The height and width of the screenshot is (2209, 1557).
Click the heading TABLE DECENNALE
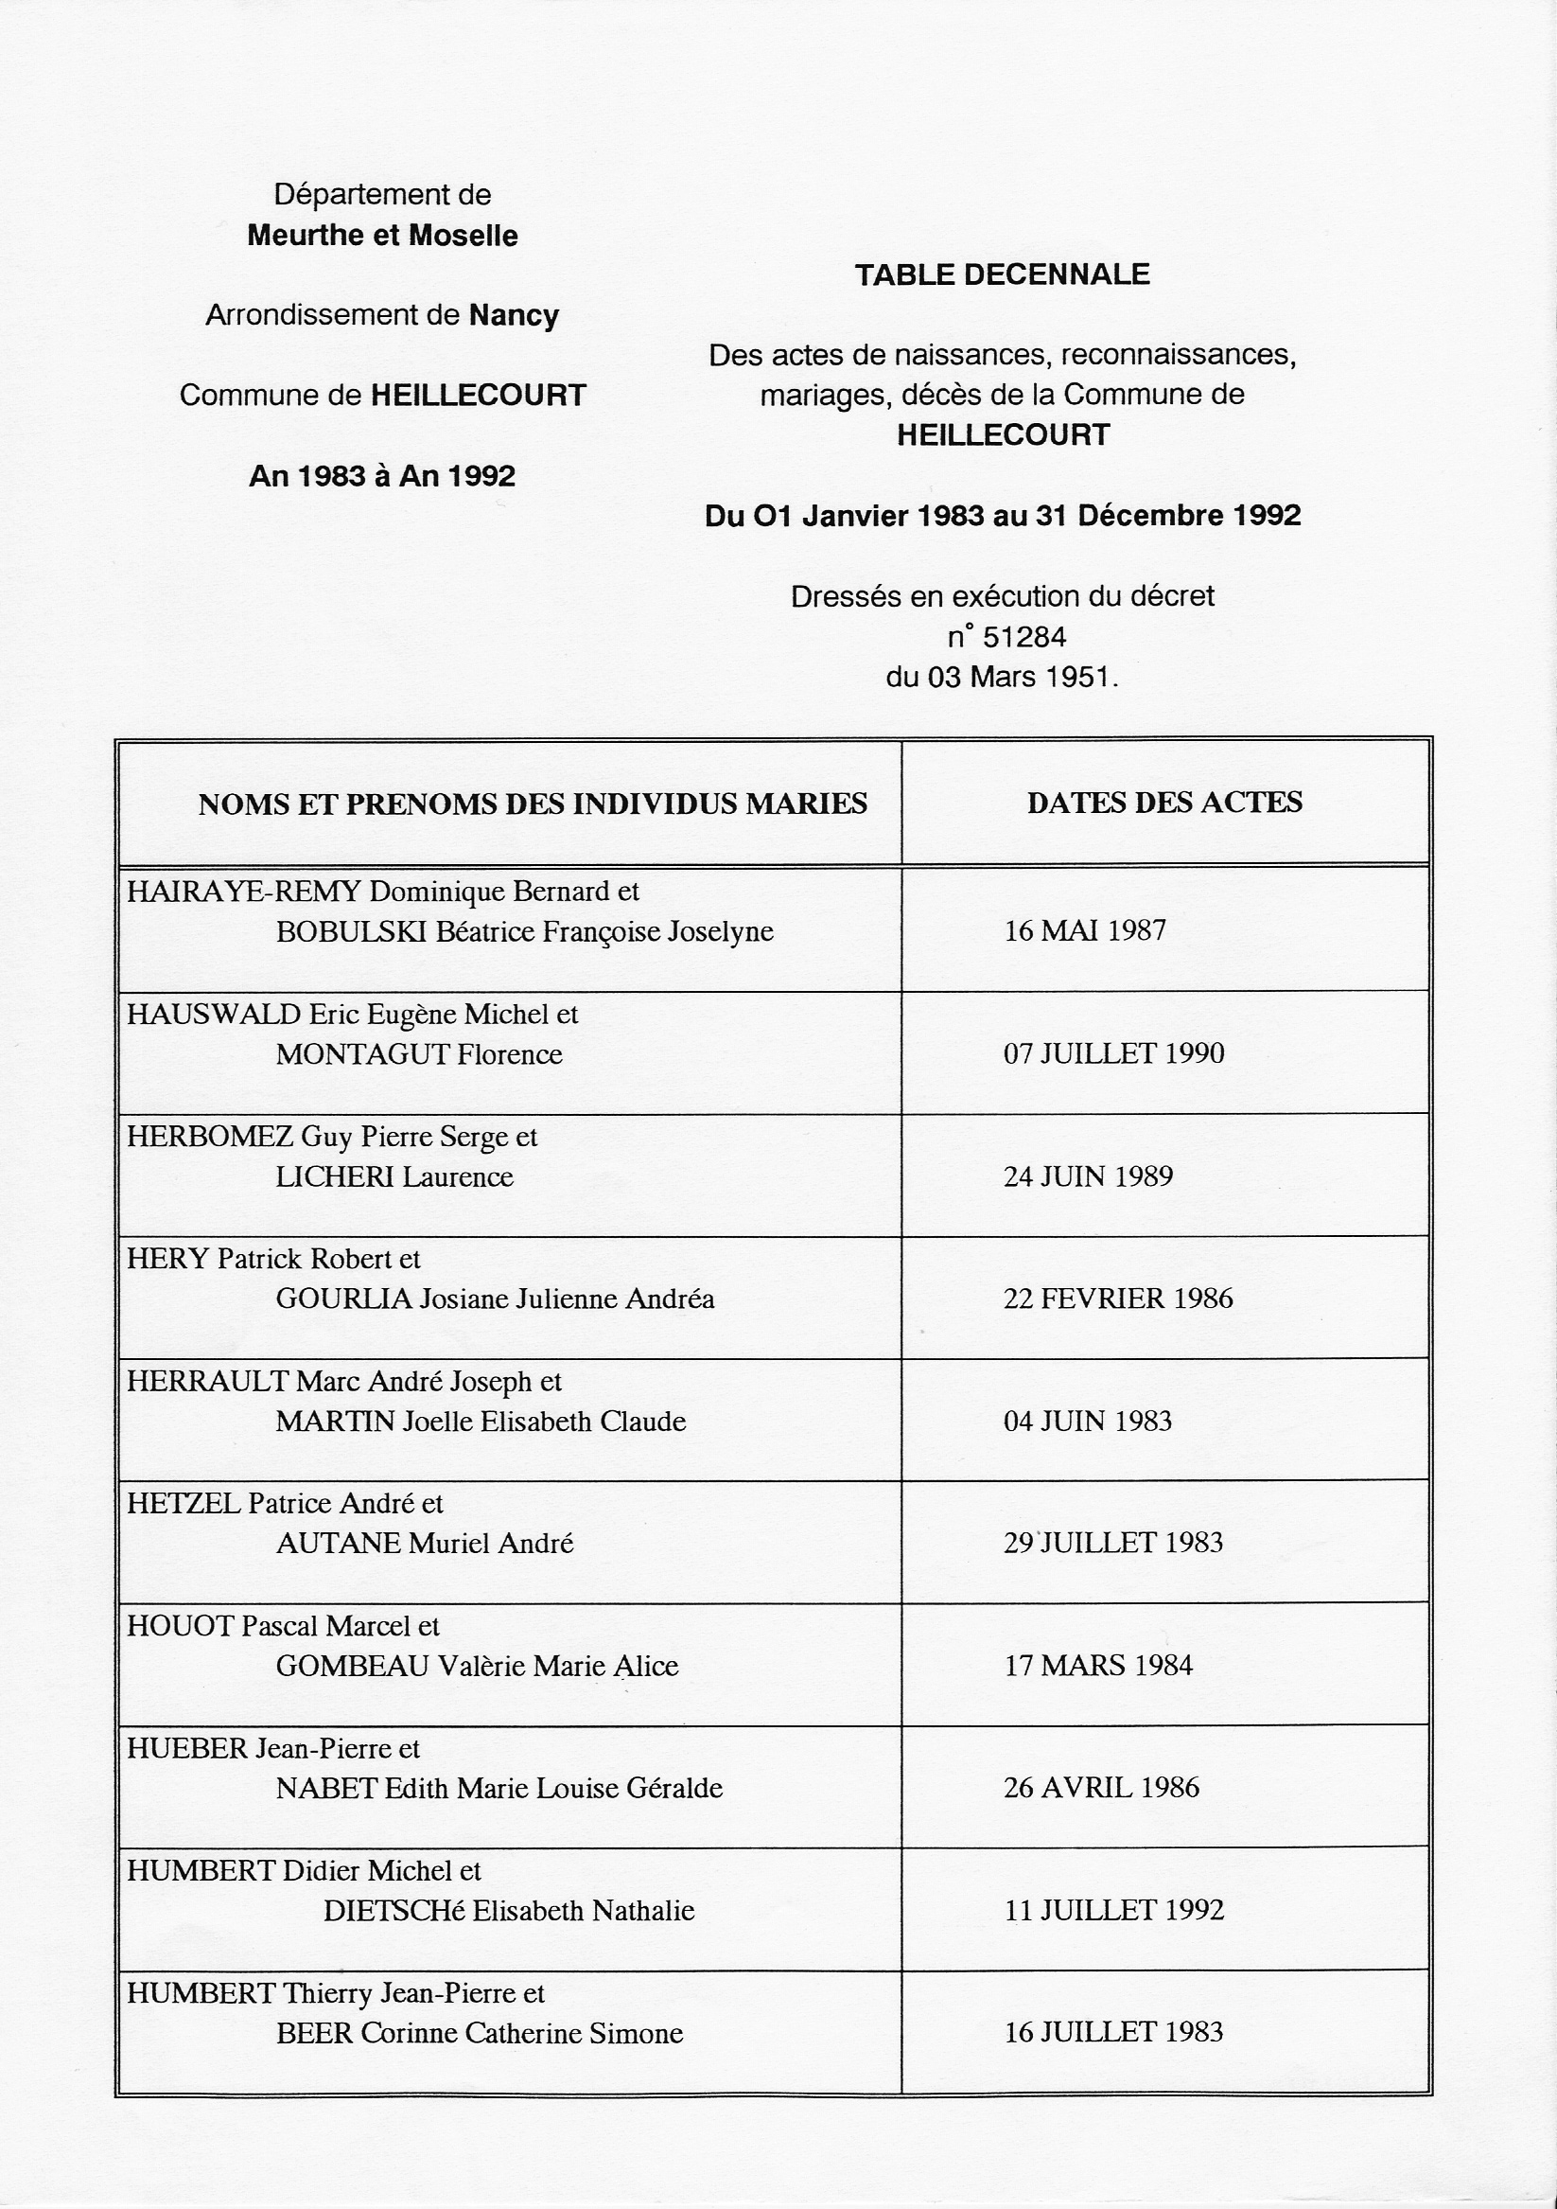[x=1002, y=275]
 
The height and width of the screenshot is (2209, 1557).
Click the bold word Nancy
[x=514, y=315]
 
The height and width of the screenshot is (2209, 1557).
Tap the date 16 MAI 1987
[x=1085, y=930]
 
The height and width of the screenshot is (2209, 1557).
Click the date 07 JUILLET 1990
[x=1113, y=1053]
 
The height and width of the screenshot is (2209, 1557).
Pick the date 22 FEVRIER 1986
[x=1117, y=1299]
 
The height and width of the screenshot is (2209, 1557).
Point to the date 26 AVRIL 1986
[x=1101, y=1788]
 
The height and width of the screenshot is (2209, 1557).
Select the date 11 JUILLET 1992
[x=1113, y=1910]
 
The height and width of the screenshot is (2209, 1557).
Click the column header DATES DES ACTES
[x=1163, y=803]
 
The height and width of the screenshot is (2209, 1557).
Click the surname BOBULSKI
[x=351, y=931]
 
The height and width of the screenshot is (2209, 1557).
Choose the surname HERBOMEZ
[x=210, y=1137]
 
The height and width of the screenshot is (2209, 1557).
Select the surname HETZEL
[x=184, y=1503]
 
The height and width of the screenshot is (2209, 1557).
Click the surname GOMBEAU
[x=352, y=1666]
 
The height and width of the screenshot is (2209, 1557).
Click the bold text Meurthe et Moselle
[x=383, y=236]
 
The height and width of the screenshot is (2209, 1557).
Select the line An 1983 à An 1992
[x=383, y=476]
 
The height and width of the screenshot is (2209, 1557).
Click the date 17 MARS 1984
[x=1098, y=1666]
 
